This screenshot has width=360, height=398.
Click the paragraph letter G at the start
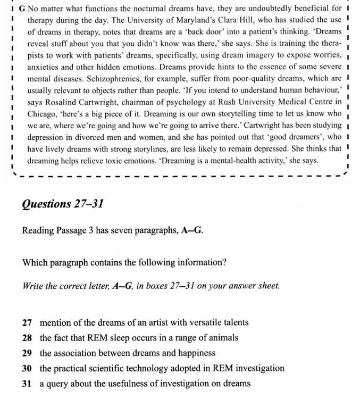[x=22, y=9]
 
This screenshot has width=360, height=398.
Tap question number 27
[x=27, y=322]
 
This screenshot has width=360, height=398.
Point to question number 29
[x=27, y=353]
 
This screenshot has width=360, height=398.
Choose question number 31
[x=27, y=383]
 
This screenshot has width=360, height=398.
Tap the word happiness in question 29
[x=196, y=353]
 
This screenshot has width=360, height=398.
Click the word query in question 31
[x=57, y=383]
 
